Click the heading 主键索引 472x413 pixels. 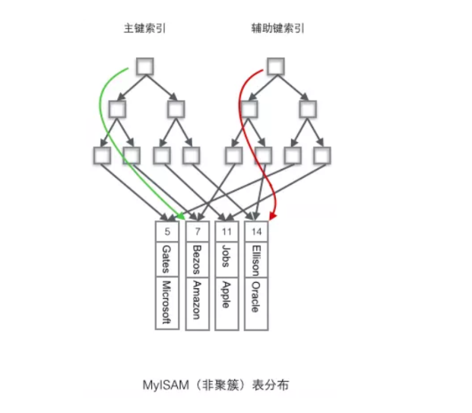point(145,28)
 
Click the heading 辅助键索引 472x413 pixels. point(277,28)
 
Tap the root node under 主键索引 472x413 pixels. point(144,67)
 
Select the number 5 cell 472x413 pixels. point(166,231)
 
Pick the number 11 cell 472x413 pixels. point(226,231)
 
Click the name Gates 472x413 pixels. point(166,259)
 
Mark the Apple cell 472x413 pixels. point(226,293)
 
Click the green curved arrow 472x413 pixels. point(101,114)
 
